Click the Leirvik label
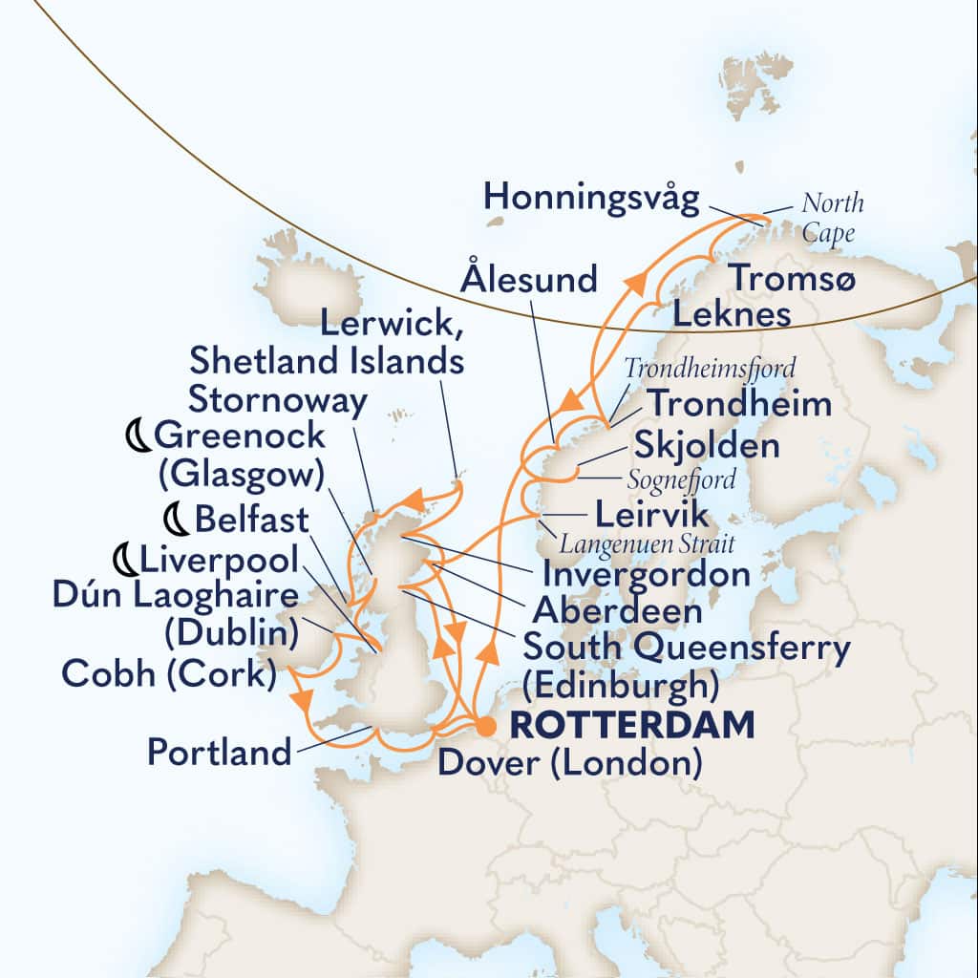tap(652, 515)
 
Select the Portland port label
tap(219, 752)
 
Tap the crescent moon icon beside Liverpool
tap(125, 558)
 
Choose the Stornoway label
tap(277, 400)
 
